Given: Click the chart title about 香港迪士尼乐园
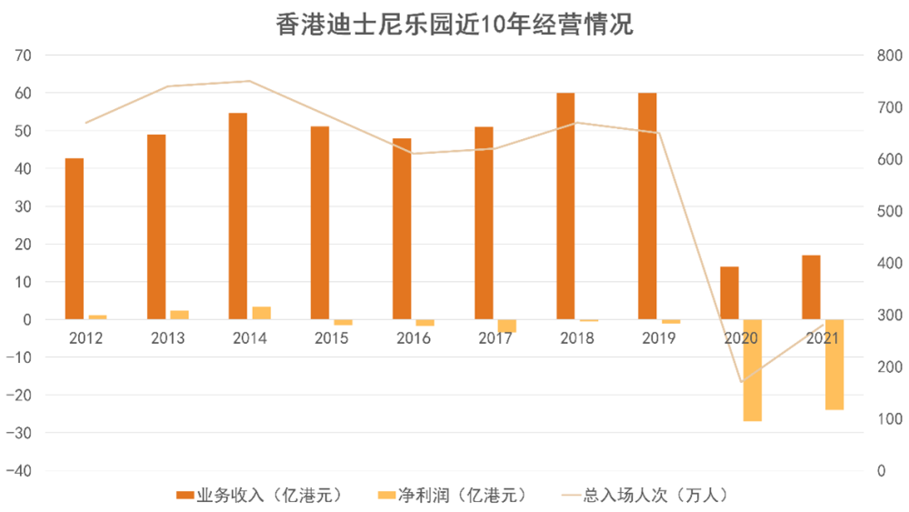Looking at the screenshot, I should click(454, 24).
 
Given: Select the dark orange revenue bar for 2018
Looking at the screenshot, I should click(565, 206).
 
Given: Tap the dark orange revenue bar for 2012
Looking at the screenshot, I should click(75, 239).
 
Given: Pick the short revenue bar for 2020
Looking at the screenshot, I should click(729, 293).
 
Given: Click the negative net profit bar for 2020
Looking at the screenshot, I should click(752, 370).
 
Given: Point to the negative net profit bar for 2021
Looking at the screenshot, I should click(834, 365).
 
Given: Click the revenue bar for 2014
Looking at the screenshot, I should click(238, 216).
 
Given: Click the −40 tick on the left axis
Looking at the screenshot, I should click(20, 471).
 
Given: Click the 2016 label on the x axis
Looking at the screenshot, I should click(413, 338).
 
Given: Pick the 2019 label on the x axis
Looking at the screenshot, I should click(658, 338).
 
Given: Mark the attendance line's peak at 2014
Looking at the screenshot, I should click(250, 81).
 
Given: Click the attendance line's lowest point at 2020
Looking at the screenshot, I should click(741, 382).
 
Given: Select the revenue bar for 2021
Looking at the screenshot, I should click(811, 287).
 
